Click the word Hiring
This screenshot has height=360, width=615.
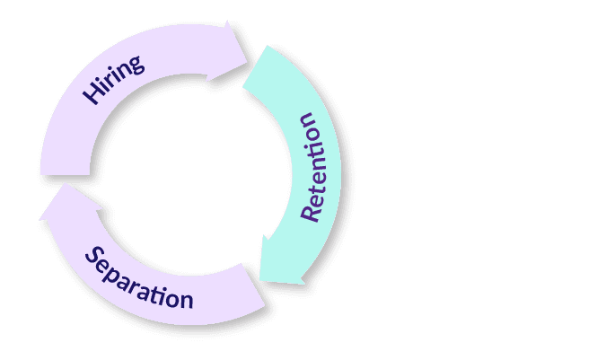click(115, 79)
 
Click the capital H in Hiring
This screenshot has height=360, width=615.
click(92, 93)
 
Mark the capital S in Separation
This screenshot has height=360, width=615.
click(93, 255)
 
